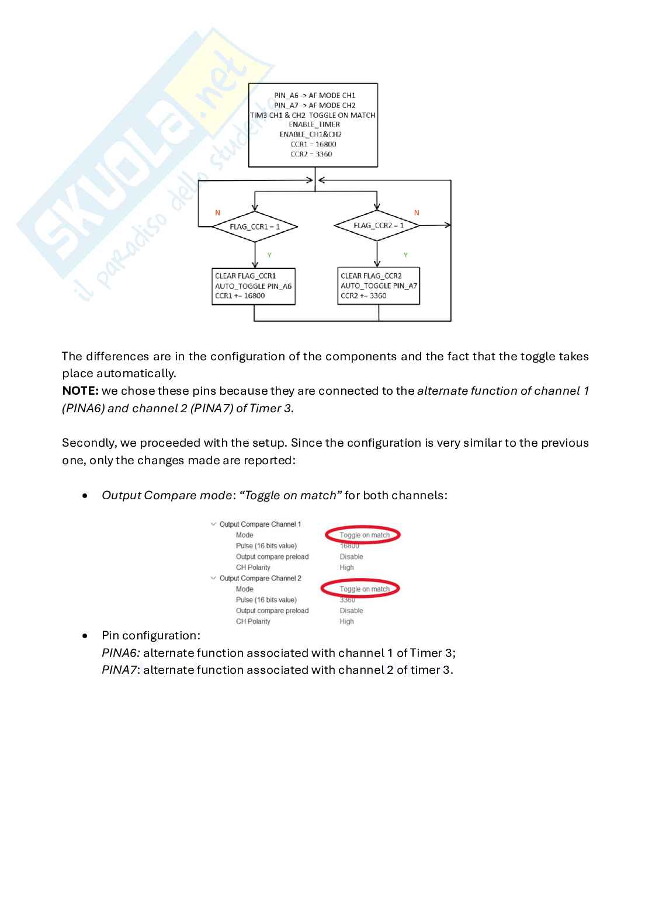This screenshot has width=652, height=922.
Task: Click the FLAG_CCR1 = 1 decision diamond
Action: pos(255,227)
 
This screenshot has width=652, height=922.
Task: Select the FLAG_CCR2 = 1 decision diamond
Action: pos(377,225)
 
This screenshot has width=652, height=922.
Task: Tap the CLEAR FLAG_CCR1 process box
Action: pos(254,286)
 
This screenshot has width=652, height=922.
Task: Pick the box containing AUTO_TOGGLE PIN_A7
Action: pos(379,286)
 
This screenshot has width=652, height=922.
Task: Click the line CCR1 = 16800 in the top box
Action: pos(313,144)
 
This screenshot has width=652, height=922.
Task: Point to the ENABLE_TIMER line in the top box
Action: pos(314,124)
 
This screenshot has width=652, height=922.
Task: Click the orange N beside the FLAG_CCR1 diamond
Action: pos(218,213)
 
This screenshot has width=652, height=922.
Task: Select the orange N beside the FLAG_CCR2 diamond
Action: pos(417,213)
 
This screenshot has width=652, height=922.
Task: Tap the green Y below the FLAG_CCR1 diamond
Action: pos(269,255)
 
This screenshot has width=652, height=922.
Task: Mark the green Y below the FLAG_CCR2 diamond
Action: pos(405,255)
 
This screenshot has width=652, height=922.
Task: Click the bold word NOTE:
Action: pos(81,391)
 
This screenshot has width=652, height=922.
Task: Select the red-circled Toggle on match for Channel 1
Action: pos(364,535)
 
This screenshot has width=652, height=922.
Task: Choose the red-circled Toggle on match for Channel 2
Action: pos(364,589)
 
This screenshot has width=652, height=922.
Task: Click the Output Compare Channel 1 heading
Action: pos(260,524)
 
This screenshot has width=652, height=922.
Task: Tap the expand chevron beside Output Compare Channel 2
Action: pos(213,578)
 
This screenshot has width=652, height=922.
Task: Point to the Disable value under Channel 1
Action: pos(351,556)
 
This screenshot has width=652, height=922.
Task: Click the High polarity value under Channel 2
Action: pos(346,621)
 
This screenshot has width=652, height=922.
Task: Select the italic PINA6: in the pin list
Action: pos(121,653)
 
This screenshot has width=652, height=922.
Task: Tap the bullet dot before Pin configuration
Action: pos(85,635)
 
